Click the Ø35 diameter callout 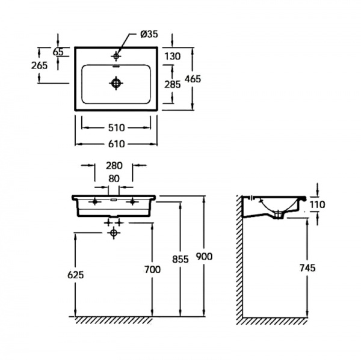click(149, 34)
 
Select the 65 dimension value click(58, 52)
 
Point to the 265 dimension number click(39, 66)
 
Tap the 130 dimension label click(173, 56)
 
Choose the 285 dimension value click(173, 84)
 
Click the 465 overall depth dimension click(193, 79)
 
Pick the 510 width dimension click(117, 127)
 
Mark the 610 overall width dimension click(117, 144)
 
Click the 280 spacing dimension click(114, 166)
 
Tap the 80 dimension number click(114, 178)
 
